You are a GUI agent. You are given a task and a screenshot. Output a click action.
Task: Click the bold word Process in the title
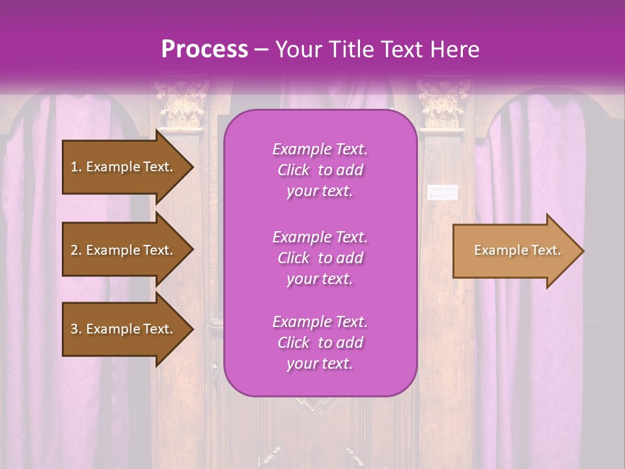point(204,49)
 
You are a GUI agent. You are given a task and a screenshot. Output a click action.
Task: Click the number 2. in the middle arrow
point(76,250)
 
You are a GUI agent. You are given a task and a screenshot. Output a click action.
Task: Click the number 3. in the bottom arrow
point(76,329)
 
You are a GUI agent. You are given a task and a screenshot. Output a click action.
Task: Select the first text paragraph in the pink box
point(320,170)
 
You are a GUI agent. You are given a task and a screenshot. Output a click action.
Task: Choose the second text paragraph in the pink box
point(320,258)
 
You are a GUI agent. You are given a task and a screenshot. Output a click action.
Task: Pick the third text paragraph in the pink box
point(320,343)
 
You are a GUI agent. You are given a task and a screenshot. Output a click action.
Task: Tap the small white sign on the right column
point(443,192)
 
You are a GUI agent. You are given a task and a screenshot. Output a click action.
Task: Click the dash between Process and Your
point(261,50)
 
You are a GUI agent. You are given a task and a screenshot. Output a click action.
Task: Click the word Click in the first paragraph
point(293,170)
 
